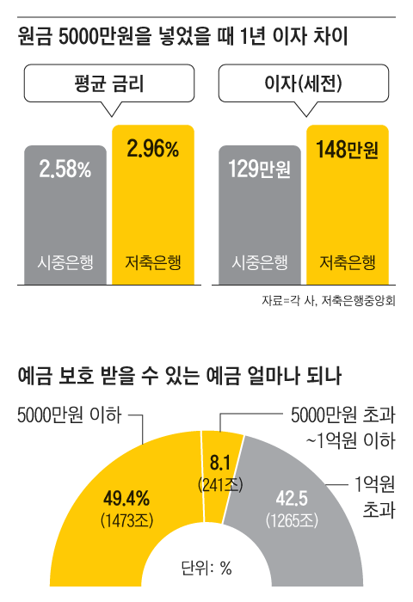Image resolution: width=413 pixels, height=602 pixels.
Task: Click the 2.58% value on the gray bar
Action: (x=65, y=169)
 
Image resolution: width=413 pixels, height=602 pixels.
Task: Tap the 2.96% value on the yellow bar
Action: (x=152, y=150)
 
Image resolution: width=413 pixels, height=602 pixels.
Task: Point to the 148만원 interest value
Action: (x=348, y=150)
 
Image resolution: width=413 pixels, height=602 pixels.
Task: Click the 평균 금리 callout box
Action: (x=108, y=84)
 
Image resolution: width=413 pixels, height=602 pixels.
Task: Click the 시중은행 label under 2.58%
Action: (x=65, y=261)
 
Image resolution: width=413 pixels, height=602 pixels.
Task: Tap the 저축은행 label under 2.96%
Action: (x=154, y=261)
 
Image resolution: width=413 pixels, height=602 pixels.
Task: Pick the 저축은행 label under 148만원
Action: (x=348, y=261)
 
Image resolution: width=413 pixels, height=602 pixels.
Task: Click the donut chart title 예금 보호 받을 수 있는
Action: (x=179, y=376)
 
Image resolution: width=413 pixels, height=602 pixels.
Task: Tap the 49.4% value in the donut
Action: (x=126, y=497)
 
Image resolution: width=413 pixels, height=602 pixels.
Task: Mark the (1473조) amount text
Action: (x=126, y=519)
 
